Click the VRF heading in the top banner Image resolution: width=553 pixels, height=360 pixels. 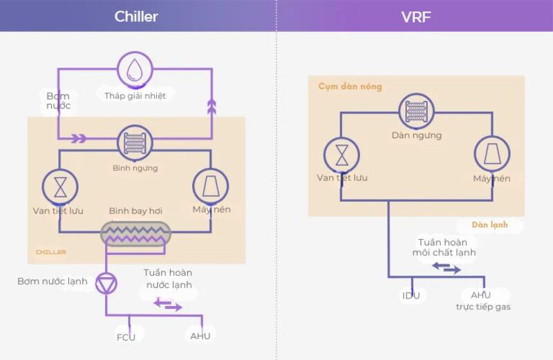[x=415, y=16]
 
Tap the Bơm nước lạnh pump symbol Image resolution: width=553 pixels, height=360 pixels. [x=106, y=283]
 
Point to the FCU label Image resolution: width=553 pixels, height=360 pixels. [x=126, y=337]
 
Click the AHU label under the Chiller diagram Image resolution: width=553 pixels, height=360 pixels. [x=200, y=336]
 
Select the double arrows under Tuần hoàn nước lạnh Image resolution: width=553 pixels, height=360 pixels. [x=168, y=304]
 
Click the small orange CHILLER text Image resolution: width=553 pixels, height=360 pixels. [x=51, y=252]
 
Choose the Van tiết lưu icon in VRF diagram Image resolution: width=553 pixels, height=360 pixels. [x=342, y=154]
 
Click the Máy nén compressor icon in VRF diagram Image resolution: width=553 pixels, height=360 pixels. [x=491, y=154]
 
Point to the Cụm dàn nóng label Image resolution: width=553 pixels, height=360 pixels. [x=350, y=87]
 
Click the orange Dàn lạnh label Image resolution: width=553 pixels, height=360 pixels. [x=489, y=225]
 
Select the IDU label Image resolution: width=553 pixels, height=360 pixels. [x=411, y=296]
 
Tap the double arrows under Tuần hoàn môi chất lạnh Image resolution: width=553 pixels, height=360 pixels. [x=446, y=268]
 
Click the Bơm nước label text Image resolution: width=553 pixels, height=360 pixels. [x=58, y=101]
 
